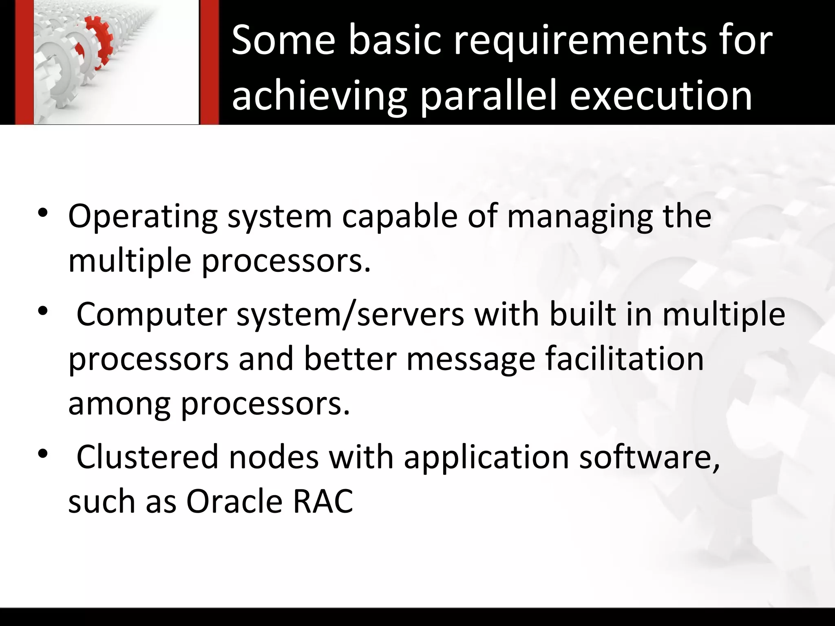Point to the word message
pos(471,359)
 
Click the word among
pos(119,404)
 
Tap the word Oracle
pos(234,501)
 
